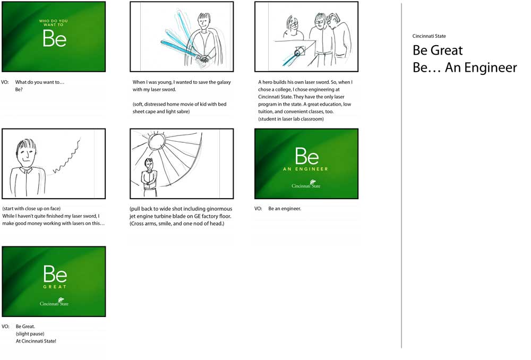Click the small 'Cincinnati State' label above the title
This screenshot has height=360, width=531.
[x=429, y=36]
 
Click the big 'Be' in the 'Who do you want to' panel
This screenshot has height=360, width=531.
[x=55, y=38]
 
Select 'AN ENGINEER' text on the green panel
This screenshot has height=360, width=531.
[x=305, y=169]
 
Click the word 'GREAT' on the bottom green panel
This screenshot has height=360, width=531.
[x=55, y=287]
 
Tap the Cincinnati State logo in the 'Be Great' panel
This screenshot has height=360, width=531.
[x=54, y=302]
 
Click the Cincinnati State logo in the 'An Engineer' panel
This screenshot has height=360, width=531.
[x=306, y=184]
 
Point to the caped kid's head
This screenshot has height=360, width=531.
[x=204, y=21]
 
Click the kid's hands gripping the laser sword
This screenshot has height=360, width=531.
[x=202, y=59]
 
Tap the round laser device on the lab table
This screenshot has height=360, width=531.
[x=298, y=53]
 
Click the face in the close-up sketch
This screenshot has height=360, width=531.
[x=26, y=154]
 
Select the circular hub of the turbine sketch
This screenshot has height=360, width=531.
[x=157, y=140]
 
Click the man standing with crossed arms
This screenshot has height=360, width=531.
[x=149, y=178]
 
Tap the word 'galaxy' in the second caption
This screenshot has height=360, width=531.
[x=223, y=82]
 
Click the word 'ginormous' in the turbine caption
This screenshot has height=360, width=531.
[x=219, y=209]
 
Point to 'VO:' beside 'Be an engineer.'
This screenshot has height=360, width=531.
[x=258, y=209]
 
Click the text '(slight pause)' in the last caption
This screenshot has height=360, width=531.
[x=30, y=334]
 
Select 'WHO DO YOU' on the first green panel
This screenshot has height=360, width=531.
[x=54, y=21]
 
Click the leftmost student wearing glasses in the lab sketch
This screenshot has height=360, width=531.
[x=293, y=26]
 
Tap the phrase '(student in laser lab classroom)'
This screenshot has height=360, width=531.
[x=291, y=119]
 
